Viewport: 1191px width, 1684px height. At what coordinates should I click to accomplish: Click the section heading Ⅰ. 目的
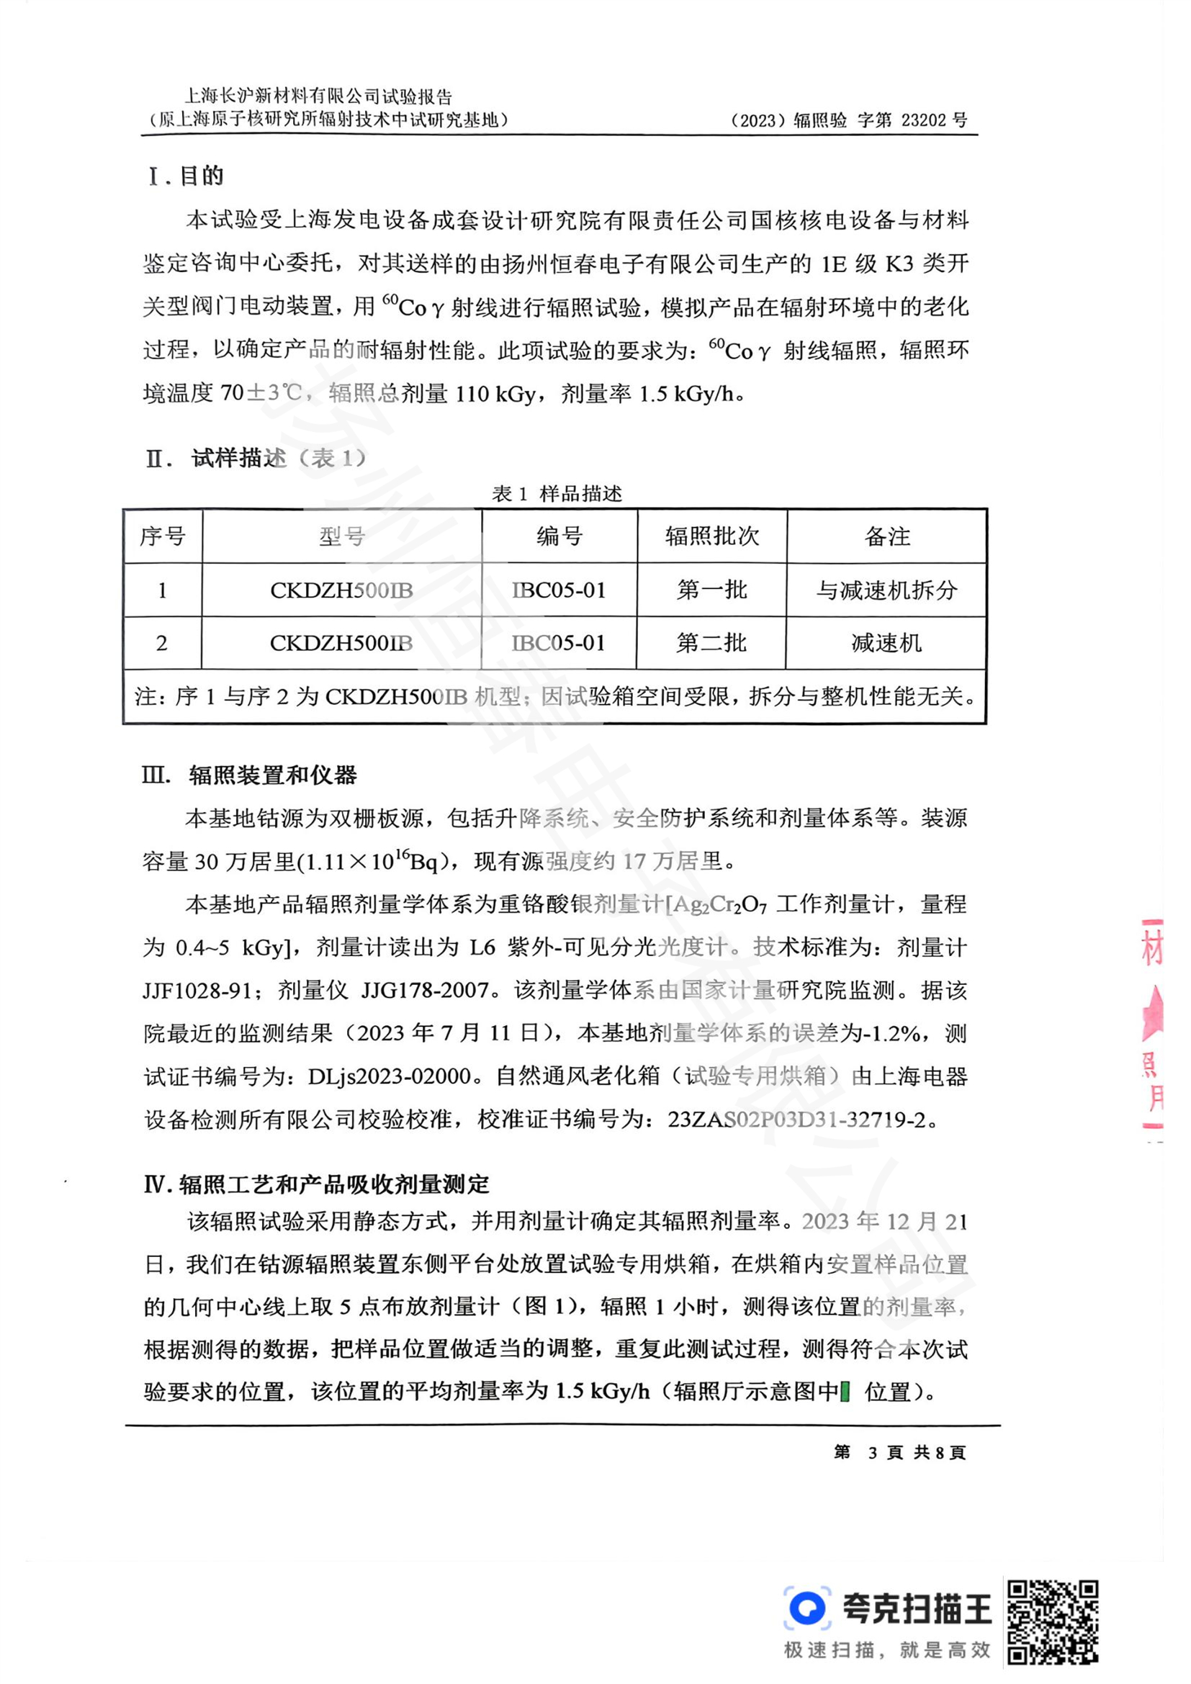pyautogui.click(x=186, y=176)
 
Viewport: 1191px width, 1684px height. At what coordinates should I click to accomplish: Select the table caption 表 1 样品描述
pyautogui.click(x=557, y=494)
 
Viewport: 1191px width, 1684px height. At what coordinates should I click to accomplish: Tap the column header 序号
pyautogui.click(x=163, y=536)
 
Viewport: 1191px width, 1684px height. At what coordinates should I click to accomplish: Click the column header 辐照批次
pyautogui.click(x=711, y=536)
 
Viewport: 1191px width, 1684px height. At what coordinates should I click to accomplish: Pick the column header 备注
pyautogui.click(x=886, y=536)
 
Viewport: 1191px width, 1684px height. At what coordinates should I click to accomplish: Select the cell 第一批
pyautogui.click(x=711, y=590)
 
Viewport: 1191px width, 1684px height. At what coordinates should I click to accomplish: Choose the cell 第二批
pyautogui.click(x=711, y=643)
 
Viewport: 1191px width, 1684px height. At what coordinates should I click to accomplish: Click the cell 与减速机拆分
pyautogui.click(x=886, y=590)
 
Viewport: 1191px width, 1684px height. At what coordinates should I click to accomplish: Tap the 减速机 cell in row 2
pyautogui.click(x=886, y=643)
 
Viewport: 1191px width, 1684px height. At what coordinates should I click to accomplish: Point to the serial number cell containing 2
pyautogui.click(x=162, y=643)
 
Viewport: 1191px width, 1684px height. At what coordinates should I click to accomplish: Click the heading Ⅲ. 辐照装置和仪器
pyautogui.click(x=250, y=775)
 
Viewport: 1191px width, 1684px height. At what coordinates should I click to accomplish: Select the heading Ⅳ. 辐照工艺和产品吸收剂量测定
pyautogui.click(x=316, y=1184)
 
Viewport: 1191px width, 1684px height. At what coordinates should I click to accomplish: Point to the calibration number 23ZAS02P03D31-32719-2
pyautogui.click(x=796, y=1120)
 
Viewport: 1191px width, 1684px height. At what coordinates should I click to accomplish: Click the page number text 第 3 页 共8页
pyautogui.click(x=900, y=1452)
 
